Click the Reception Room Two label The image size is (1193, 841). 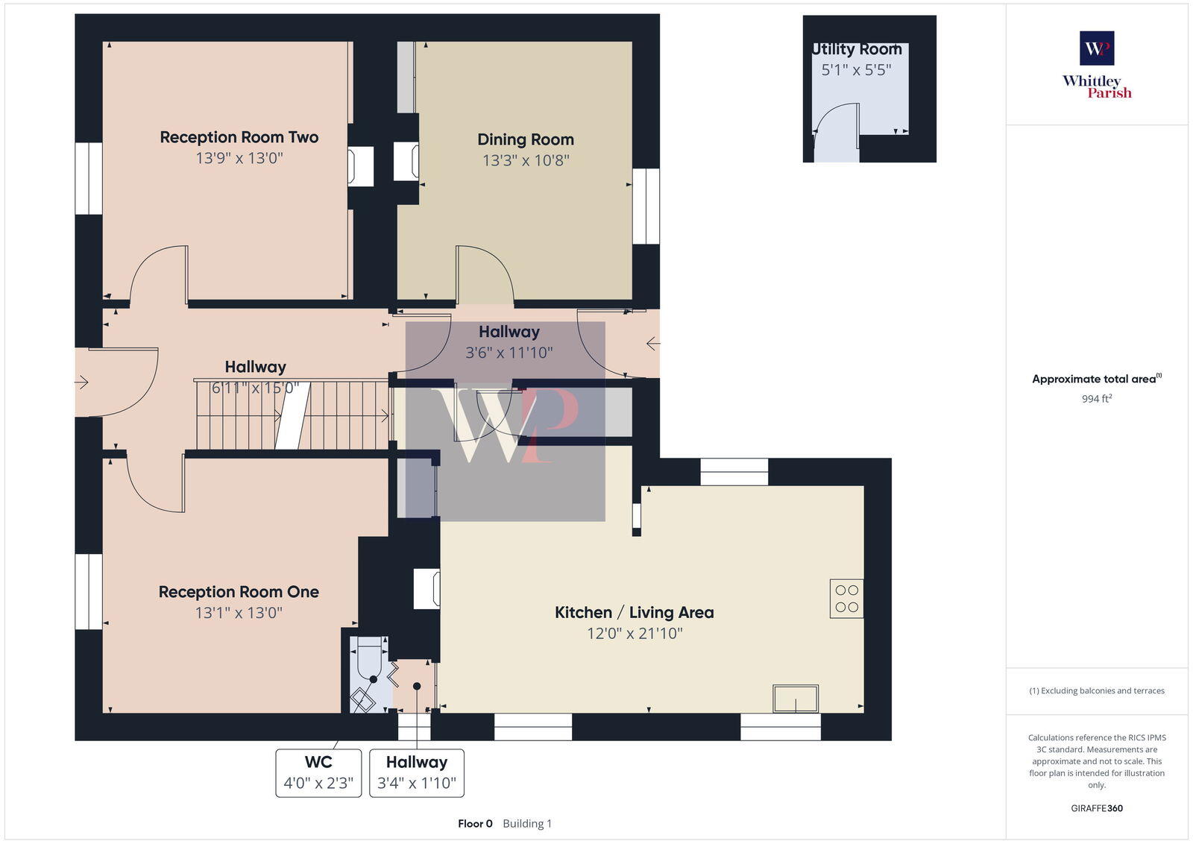pos(239,137)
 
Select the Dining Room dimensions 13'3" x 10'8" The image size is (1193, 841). pos(526,160)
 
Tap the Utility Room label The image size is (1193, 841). pos(857,49)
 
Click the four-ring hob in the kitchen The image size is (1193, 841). pos(847,599)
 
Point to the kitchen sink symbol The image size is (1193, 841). pos(796,699)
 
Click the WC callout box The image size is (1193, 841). pos(318,773)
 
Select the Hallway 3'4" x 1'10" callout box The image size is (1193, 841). pos(417,773)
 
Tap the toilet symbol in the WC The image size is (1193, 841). pos(370,656)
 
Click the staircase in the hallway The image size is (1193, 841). pos(292,415)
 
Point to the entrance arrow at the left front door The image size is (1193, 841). pos(82,382)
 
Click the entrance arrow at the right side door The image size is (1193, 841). pos(653,344)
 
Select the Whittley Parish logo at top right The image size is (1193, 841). pos(1097,65)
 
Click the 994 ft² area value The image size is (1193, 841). pos(1097,399)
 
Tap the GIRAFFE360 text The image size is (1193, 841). pos(1097,808)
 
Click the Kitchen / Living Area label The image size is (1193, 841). pos(634,613)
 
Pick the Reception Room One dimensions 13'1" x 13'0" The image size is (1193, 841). pos(239,613)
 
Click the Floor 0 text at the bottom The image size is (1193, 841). pos(475,824)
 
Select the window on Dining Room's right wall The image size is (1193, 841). pos(646,206)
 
